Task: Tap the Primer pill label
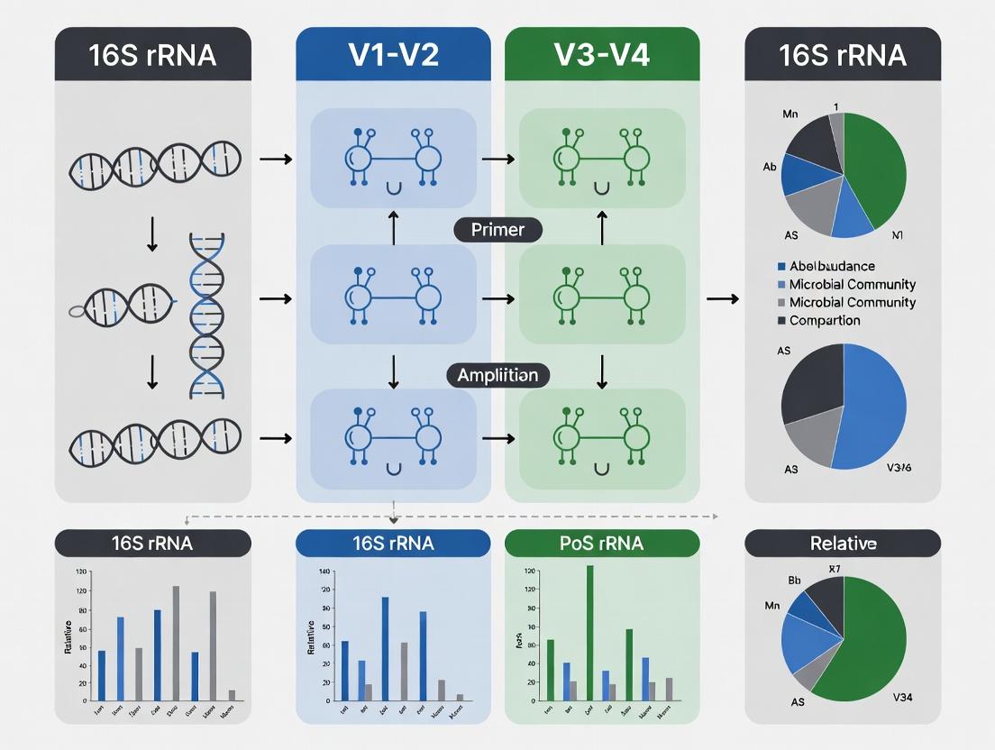tap(497, 230)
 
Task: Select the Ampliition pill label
tap(497, 374)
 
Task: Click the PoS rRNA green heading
tap(601, 543)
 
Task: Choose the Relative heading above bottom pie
tap(843, 543)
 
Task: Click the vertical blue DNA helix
tap(207, 316)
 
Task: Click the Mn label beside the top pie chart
tap(790, 115)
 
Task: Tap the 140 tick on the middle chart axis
tap(325, 572)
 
